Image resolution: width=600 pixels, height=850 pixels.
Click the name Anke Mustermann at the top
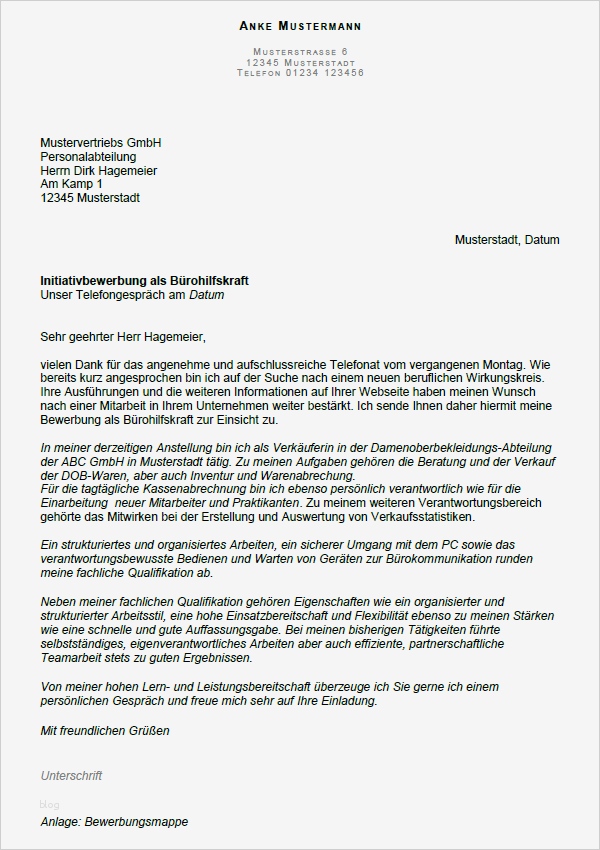pyautogui.click(x=300, y=25)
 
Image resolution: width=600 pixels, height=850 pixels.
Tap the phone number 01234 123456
pyautogui.click(x=324, y=73)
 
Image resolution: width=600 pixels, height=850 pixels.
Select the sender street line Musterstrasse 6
pyautogui.click(x=300, y=51)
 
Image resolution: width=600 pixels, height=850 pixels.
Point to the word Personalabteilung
pyautogui.click(x=88, y=157)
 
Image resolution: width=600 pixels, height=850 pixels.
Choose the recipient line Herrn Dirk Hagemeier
pyautogui.click(x=98, y=171)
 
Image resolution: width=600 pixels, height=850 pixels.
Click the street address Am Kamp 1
pyautogui.click(x=71, y=185)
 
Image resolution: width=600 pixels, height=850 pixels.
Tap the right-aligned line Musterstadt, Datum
pyautogui.click(x=507, y=240)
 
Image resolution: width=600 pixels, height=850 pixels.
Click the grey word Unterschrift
pyautogui.click(x=71, y=776)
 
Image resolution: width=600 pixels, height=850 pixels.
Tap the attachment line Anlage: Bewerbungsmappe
pyautogui.click(x=114, y=822)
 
